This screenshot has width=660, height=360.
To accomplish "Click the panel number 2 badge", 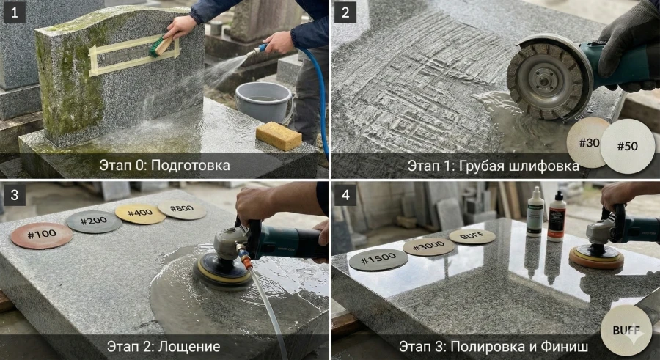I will [x=345, y=13].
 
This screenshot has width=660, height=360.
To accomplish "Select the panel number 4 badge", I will [x=345, y=194].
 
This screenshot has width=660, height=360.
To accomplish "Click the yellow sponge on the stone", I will [x=279, y=136].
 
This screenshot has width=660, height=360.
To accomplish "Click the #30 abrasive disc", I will [x=588, y=143].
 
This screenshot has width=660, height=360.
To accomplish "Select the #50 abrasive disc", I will [x=628, y=146].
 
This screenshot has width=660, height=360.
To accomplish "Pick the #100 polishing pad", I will [x=42, y=235].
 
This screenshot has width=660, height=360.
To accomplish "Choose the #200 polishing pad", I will [x=94, y=221].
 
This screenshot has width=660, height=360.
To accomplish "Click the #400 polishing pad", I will [x=140, y=213].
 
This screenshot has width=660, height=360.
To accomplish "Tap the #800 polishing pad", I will [x=182, y=210].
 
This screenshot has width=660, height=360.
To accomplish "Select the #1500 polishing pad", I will [x=378, y=260].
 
